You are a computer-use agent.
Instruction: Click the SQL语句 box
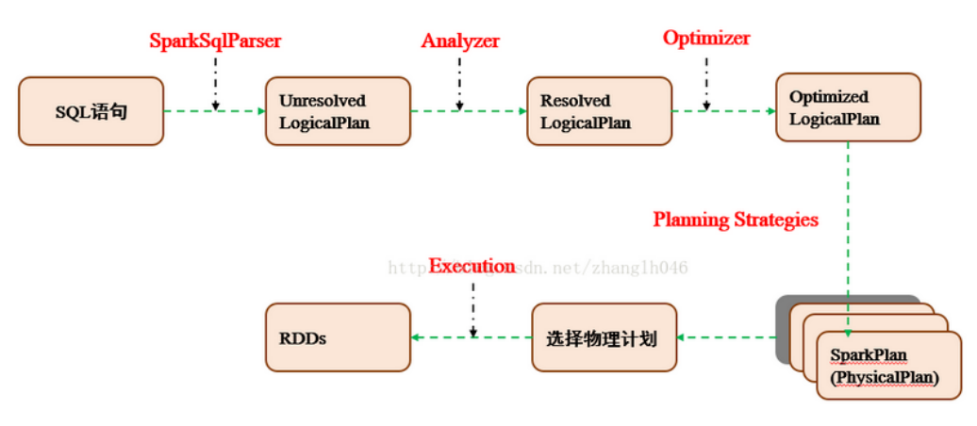pyautogui.click(x=91, y=111)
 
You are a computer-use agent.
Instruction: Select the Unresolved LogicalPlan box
pyautogui.click(x=338, y=111)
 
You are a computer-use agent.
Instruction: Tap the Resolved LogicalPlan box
pyautogui.click(x=599, y=111)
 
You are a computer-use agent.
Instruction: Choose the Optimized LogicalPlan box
pyautogui.click(x=848, y=107)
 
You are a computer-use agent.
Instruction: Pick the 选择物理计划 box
pyautogui.click(x=604, y=337)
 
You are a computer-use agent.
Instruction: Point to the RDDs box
pyautogui.click(x=338, y=337)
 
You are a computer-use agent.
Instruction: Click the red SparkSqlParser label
pyautogui.click(x=215, y=41)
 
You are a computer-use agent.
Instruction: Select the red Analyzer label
pyautogui.click(x=460, y=41)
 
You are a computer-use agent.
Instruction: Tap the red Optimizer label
pyautogui.click(x=706, y=38)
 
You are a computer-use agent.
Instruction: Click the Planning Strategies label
pyautogui.click(x=736, y=220)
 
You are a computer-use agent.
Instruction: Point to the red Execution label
pyautogui.click(x=472, y=266)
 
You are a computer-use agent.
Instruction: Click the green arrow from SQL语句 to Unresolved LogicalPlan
pyautogui.click(x=214, y=111)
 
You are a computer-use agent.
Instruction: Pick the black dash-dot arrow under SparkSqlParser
pyautogui.click(x=216, y=80)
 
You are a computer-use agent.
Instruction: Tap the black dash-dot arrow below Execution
pyautogui.click(x=472, y=306)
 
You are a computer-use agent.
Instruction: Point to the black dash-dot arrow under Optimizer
pyautogui.click(x=707, y=80)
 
